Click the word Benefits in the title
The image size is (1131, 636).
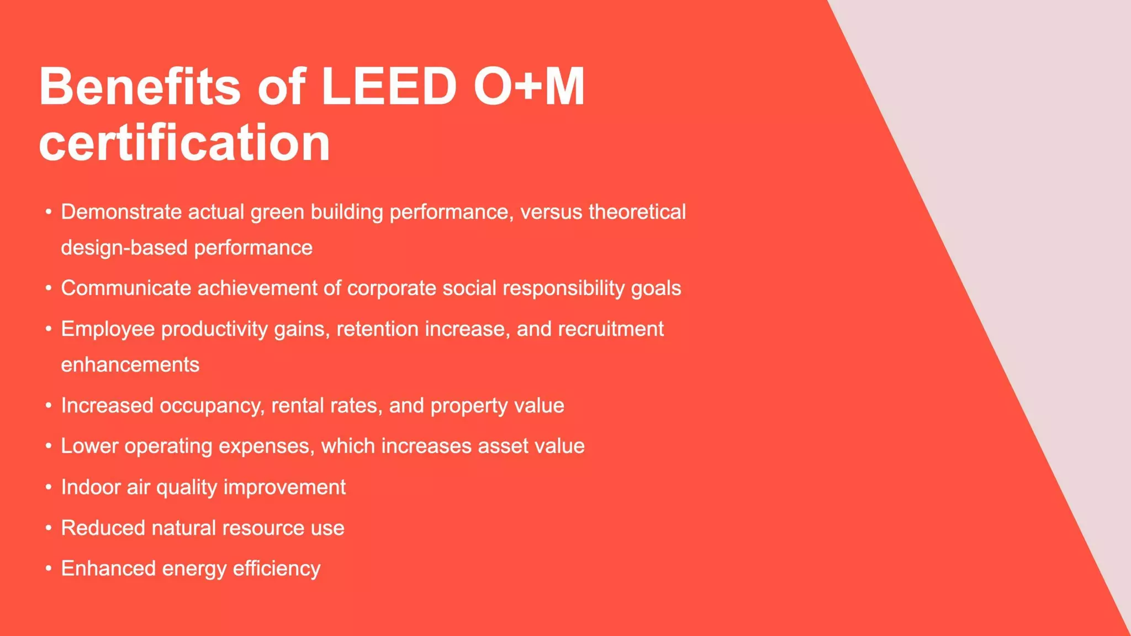[x=140, y=87]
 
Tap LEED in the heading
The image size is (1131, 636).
[x=389, y=87]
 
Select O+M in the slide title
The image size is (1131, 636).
[x=529, y=87]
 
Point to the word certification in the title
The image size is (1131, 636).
[x=184, y=143]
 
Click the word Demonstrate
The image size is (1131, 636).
[x=121, y=212]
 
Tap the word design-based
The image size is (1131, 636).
[x=124, y=248]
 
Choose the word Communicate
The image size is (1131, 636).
[x=126, y=288]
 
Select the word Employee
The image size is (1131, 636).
[x=108, y=329]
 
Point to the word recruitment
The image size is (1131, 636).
[x=611, y=329]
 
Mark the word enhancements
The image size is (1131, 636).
[x=130, y=365]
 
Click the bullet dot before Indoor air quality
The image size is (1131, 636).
[x=49, y=487]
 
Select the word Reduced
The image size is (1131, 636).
[x=103, y=528]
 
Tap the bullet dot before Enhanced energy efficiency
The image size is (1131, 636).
[x=49, y=569]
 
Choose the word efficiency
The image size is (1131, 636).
[x=277, y=569]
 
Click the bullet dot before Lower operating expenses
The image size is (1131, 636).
[x=49, y=446]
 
